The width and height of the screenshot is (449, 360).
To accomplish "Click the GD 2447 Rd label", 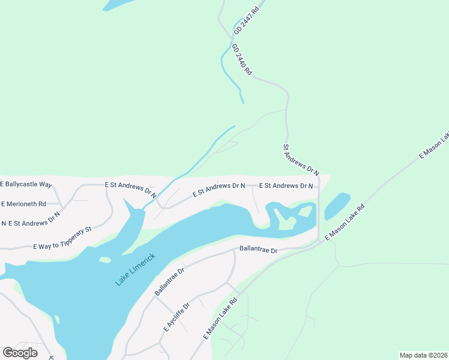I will [247, 19].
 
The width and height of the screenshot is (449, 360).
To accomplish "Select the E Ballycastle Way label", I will [26, 185].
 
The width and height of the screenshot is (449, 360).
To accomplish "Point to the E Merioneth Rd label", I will [24, 204].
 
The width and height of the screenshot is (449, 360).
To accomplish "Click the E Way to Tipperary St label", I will [62, 238].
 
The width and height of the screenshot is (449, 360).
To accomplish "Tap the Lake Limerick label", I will [135, 269].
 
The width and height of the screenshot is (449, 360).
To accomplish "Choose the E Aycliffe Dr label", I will [176, 318].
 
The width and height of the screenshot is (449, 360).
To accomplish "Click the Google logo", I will [20, 353].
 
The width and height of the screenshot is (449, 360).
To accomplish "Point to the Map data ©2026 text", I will [423, 355].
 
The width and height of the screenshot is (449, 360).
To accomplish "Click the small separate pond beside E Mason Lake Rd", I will [337, 206].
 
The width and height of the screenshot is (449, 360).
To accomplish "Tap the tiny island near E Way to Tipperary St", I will [105, 260].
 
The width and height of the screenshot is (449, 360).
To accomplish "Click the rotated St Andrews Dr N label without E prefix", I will [301, 158].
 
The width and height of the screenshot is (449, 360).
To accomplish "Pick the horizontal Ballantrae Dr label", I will [258, 249].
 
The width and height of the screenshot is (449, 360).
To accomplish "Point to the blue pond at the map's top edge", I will [120, 4].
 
